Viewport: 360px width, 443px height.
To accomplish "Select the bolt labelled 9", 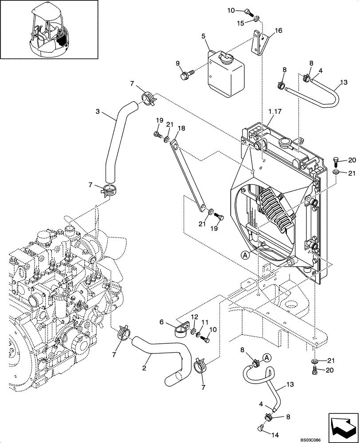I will click(185, 75).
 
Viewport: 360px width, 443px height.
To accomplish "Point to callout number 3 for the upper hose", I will click(98, 112).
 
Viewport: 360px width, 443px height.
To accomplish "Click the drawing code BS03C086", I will click(343, 439).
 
